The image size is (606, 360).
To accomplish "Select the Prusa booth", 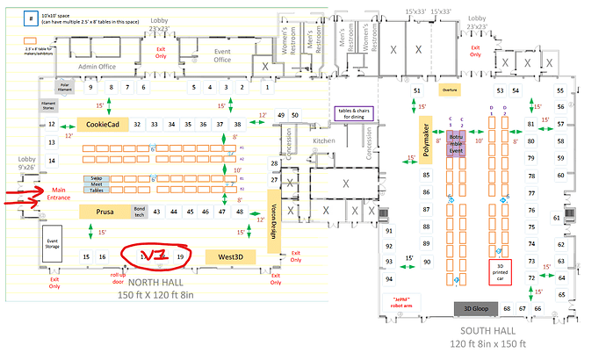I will coord(105,212).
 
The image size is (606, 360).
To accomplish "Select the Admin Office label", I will coord(97,66).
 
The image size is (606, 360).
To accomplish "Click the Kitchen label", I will coord(325,140).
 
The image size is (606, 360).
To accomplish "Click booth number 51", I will coord(416,91).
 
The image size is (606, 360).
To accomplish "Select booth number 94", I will coord(390,278).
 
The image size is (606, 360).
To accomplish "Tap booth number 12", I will coord(52,125).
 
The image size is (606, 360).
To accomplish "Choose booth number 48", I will coord(239,212).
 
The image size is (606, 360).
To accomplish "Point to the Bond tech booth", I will coord(139,212).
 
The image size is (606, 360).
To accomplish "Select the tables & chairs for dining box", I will coord(356,114).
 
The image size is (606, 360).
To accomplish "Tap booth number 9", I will coord(90,88).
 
